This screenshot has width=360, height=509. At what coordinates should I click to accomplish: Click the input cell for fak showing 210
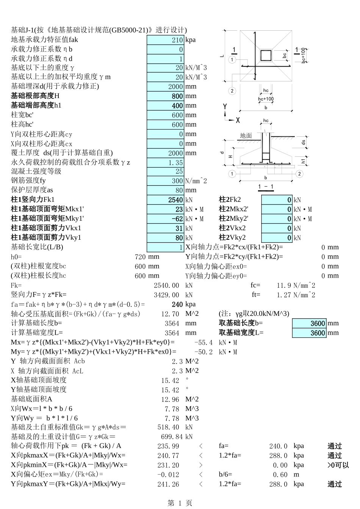click(166, 40)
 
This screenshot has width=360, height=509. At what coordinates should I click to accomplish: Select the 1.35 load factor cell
click(166, 162)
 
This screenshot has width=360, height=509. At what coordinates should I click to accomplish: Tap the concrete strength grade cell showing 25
click(166, 172)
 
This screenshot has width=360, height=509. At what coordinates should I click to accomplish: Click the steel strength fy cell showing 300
click(166, 181)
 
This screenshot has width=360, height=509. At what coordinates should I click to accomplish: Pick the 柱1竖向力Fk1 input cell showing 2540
click(166, 200)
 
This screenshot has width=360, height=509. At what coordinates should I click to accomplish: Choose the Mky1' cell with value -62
click(166, 219)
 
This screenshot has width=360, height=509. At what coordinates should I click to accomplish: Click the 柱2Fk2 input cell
click(277, 200)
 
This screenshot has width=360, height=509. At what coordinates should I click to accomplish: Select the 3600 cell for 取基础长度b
click(309, 323)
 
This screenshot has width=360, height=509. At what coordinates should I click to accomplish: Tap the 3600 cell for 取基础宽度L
click(309, 333)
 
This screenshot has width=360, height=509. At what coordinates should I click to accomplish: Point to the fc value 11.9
click(284, 286)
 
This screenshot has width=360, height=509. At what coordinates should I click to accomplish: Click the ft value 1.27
click(284, 295)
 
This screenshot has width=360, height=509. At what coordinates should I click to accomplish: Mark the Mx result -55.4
click(203, 342)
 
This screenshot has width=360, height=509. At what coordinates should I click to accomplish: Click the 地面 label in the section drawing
click(246, 136)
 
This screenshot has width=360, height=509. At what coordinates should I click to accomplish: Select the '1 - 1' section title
click(266, 187)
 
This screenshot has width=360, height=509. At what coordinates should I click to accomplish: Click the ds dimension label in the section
click(303, 142)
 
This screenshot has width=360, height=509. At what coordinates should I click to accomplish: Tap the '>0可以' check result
click(338, 465)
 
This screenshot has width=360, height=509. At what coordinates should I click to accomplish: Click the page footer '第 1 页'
click(180, 503)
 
